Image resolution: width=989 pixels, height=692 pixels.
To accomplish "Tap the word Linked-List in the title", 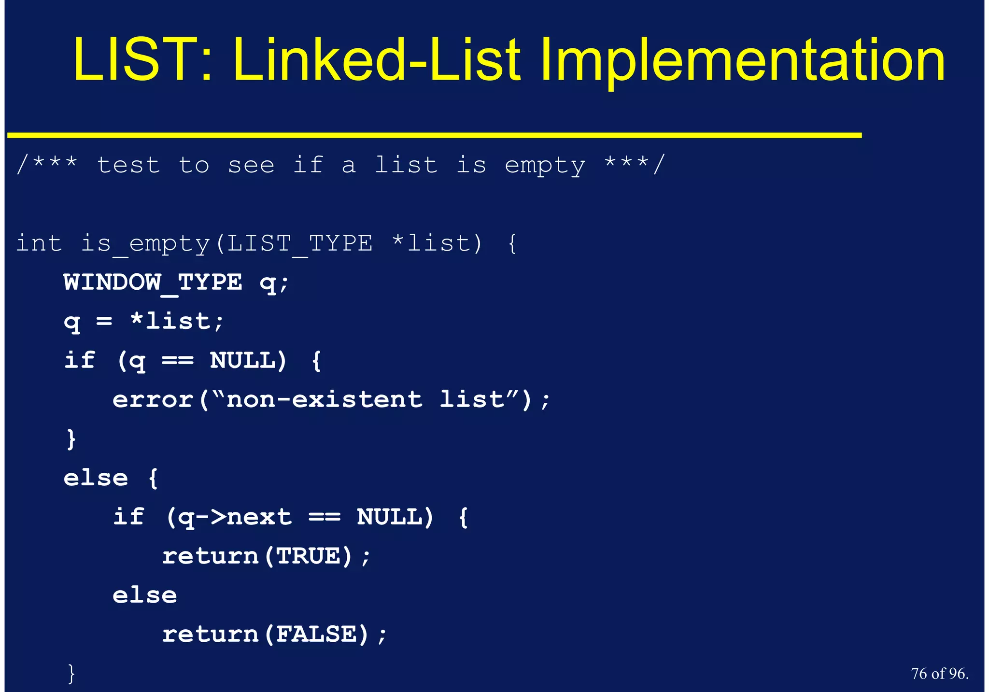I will click(377, 60).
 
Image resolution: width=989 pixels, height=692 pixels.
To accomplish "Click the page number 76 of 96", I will click(939, 673).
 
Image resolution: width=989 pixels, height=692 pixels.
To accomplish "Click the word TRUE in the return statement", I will click(308, 556).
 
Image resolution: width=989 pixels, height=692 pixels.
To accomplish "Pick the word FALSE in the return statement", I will click(316, 635).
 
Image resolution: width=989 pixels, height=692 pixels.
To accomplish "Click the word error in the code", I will click(153, 400).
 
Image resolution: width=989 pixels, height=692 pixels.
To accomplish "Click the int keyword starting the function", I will click(39, 243).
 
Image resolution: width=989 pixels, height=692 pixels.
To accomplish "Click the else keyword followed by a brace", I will click(96, 478).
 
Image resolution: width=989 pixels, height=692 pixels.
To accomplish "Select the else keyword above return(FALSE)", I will click(145, 595).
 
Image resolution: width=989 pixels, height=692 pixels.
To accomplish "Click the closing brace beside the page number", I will click(71, 673).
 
